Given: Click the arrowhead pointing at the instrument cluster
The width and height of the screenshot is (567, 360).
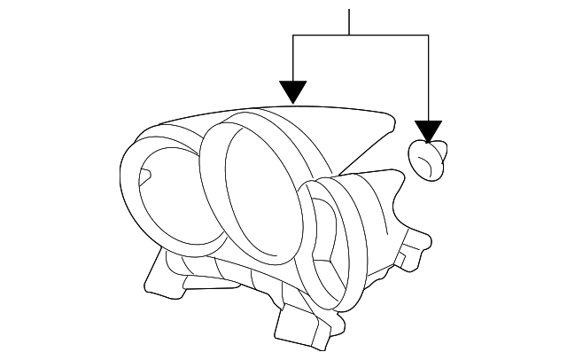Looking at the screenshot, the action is pos(292,90).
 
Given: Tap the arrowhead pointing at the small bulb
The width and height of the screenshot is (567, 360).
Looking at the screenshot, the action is pos(429,131).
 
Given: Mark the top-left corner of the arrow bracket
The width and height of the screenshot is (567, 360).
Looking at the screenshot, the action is pos(292,35).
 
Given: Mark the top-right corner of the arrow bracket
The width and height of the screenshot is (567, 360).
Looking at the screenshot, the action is pos(429,35).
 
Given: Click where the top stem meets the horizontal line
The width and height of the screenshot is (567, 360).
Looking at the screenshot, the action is pos(350,35).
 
